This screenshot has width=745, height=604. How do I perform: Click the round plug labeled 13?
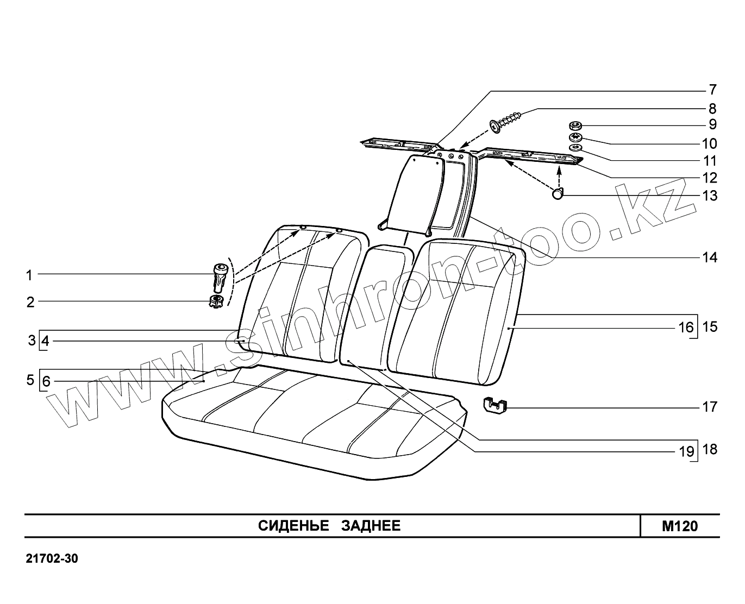coord(558,194)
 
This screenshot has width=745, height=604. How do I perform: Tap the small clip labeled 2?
coord(216,301)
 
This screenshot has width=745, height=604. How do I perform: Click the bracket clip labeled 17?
coord(494,405)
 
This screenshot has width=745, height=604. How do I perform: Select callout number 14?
coord(710,257)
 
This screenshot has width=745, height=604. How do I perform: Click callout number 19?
coord(686,451)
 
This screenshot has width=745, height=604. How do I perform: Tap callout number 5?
coord(30,380)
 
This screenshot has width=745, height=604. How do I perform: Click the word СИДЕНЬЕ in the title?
coord(293,526)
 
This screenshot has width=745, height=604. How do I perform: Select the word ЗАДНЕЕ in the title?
coord(371,526)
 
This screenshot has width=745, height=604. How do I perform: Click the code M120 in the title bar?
coord(679,526)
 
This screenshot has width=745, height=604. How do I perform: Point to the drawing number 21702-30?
coord(52,559)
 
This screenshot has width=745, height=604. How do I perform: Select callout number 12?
coord(710,178)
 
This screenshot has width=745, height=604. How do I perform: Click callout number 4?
coord(46,341)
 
